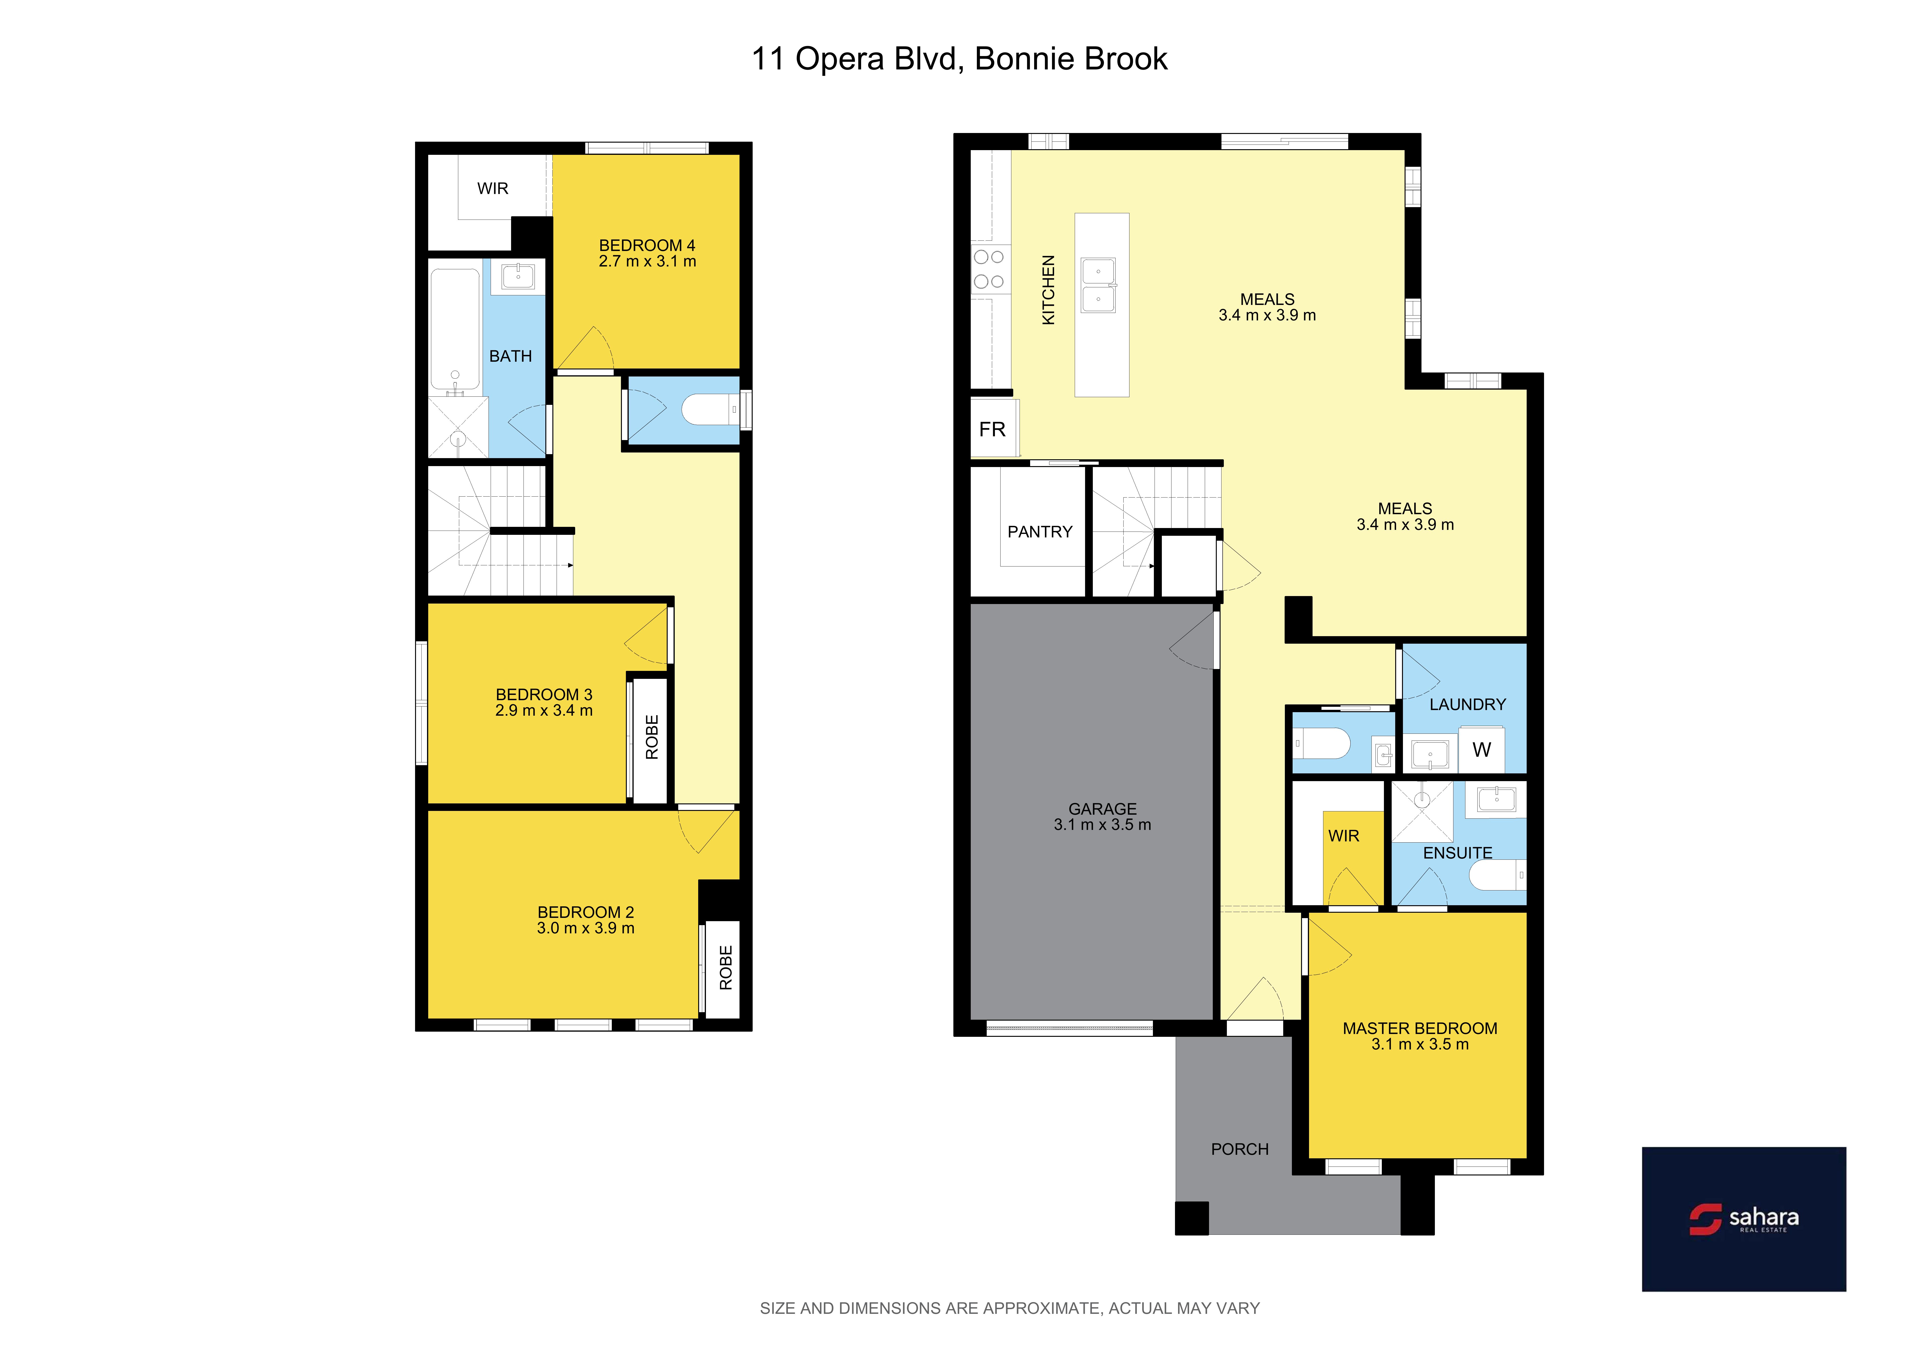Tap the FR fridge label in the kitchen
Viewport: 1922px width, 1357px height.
pyautogui.click(x=992, y=429)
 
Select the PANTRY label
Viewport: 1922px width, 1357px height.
pyautogui.click(x=1040, y=532)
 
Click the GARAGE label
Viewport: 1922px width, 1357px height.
pyautogui.click(x=1102, y=809)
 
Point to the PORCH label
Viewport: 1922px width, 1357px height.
pyautogui.click(x=1240, y=1149)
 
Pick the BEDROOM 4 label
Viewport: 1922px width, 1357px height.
pyautogui.click(x=647, y=245)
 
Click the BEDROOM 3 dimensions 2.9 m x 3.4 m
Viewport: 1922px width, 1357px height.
pyautogui.click(x=544, y=710)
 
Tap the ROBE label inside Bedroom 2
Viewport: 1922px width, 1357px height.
pyautogui.click(x=726, y=968)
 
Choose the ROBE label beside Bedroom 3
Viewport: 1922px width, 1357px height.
pyautogui.click(x=652, y=737)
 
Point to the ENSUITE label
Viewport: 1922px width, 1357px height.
pyautogui.click(x=1457, y=852)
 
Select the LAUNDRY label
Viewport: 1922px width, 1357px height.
pyautogui.click(x=1467, y=704)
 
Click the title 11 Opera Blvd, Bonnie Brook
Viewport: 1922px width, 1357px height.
pyautogui.click(x=959, y=59)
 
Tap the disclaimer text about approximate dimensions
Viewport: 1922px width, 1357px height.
pyautogui.click(x=1009, y=1308)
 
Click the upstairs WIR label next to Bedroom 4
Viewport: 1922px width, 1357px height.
pyautogui.click(x=493, y=188)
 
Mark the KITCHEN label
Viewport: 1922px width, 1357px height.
pyautogui.click(x=1048, y=289)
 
